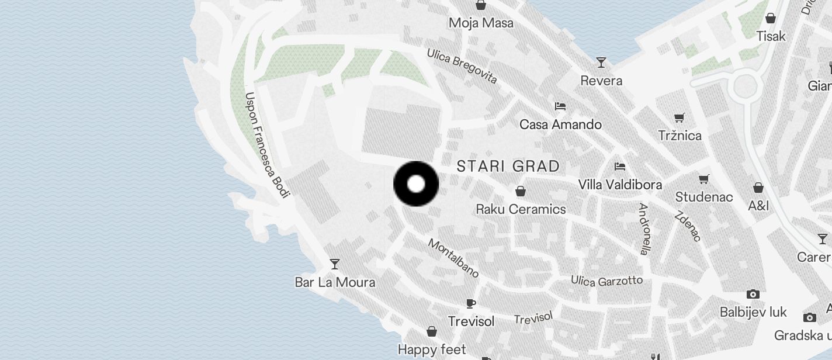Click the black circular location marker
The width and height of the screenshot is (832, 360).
coord(416,184)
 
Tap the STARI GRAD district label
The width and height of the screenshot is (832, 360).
coord(508,166)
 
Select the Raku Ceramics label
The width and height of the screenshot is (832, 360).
coord(521,209)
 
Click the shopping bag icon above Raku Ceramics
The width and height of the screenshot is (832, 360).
coord(520,191)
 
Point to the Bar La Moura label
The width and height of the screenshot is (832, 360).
coord(335,282)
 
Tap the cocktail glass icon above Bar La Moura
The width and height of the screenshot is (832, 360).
coord(335,264)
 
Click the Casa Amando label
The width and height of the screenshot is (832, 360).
coord(560,124)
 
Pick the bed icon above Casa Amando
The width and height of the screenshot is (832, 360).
coord(560,106)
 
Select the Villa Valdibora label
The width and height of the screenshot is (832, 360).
coord(620,185)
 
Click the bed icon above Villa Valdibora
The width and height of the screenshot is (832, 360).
coord(620,167)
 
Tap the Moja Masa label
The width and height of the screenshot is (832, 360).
coord(481,23)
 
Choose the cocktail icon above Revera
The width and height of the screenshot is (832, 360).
coord(601,62)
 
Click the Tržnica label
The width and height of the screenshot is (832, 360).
coord(680,136)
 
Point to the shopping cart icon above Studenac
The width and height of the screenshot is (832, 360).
coord(704,179)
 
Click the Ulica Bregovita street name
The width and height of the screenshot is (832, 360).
coord(462,66)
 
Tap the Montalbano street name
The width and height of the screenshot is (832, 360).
coord(454,258)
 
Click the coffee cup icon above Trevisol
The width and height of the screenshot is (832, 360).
coord(471,303)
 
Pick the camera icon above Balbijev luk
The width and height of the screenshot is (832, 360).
coord(753,294)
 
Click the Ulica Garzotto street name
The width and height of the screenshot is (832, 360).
coord(606,281)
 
